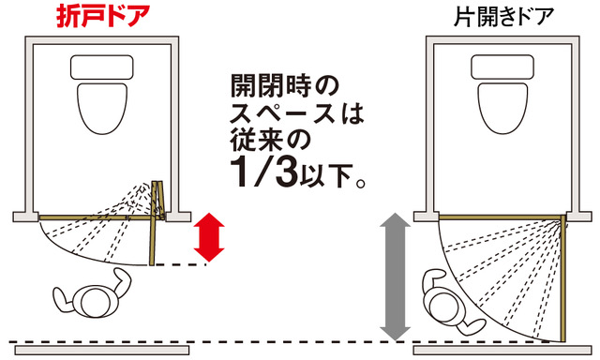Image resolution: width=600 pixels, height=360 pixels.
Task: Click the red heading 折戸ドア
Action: [103, 17]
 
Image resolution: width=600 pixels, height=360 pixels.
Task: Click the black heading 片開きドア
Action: [503, 17]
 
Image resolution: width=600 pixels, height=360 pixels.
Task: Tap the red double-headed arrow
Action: [208, 237]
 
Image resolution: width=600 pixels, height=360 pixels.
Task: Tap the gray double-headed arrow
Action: [395, 277]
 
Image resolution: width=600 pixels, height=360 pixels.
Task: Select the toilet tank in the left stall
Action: [102, 67]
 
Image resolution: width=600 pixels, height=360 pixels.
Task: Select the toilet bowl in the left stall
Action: [102, 108]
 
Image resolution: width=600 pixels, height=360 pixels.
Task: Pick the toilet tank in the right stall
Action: [502, 67]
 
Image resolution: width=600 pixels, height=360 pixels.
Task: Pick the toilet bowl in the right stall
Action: [502, 108]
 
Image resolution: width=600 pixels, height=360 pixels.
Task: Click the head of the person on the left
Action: [96, 301]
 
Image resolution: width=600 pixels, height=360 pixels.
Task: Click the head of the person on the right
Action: [443, 306]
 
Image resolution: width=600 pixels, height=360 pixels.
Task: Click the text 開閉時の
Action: [285, 85]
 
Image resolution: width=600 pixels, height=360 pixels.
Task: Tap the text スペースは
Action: [297, 113]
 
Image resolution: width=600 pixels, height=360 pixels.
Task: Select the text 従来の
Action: [270, 141]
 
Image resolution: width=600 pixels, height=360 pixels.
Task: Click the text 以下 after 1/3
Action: [326, 176]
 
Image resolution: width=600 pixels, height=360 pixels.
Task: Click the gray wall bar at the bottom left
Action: [102, 350]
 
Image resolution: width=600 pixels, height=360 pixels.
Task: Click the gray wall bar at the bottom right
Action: [502, 350]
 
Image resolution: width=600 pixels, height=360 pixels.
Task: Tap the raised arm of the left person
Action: [122, 282]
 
